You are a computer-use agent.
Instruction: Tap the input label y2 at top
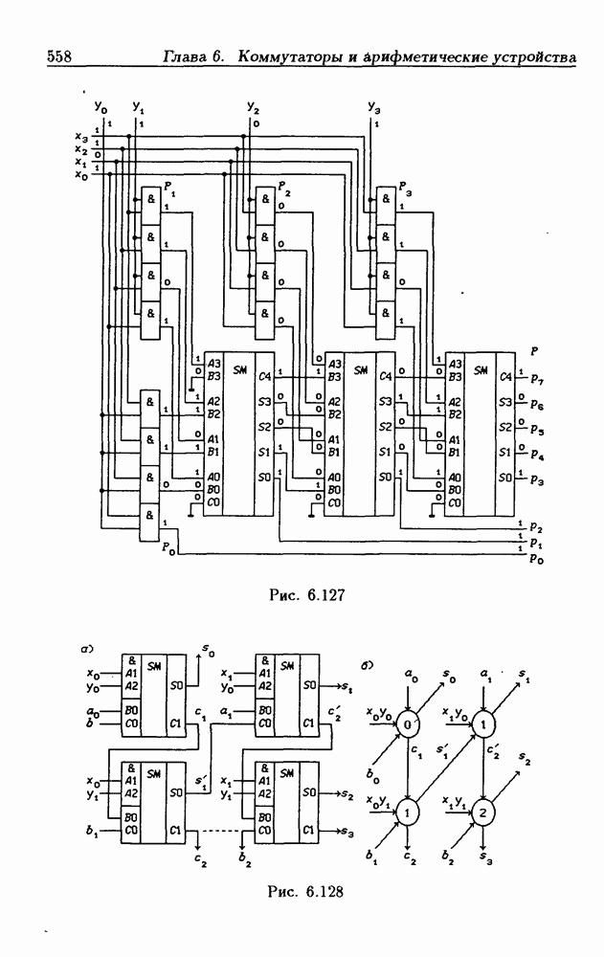(253, 107)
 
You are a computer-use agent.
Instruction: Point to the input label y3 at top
(374, 107)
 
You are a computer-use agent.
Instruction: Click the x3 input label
(81, 138)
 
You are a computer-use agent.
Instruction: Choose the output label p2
(536, 527)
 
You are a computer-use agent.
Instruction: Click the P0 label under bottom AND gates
(169, 548)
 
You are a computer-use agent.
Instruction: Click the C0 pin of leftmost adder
(213, 501)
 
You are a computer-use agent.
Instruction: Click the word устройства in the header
(531, 58)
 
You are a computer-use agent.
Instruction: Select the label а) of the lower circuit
(87, 649)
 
